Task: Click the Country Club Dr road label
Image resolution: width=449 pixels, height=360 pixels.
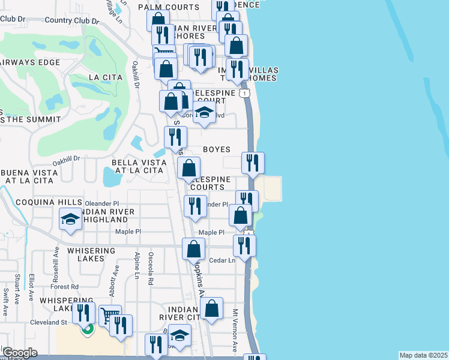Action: pyautogui.click(x=71, y=20)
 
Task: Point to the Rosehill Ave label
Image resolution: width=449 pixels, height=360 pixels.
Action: pyautogui.click(x=57, y=258)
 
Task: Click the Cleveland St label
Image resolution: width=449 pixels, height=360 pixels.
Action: pyautogui.click(x=48, y=322)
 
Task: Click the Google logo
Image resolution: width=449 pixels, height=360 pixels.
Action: pyautogui.click(x=19, y=353)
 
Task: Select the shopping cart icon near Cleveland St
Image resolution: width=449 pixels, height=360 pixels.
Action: pyautogui.click(x=109, y=316)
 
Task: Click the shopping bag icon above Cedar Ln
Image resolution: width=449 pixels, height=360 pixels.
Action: pyautogui.click(x=193, y=248)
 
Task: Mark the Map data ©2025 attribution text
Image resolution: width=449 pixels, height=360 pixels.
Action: pyautogui.click(x=423, y=355)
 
